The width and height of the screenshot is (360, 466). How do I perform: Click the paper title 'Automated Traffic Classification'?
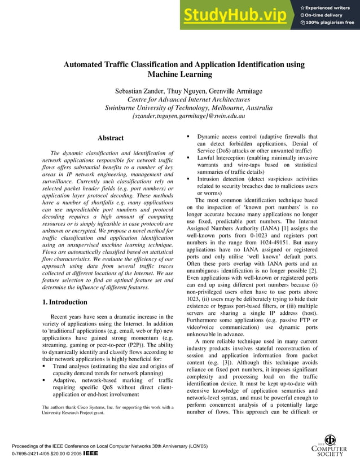(x=183, y=64)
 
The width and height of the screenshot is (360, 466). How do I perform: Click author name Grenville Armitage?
(x=223, y=90)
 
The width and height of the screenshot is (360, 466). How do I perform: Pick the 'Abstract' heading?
(x=111, y=138)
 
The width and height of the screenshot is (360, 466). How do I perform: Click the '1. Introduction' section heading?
(x=65, y=302)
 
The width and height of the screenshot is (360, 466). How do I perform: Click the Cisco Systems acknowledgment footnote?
(x=107, y=410)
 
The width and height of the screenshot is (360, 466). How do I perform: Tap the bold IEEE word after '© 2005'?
(x=91, y=453)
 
